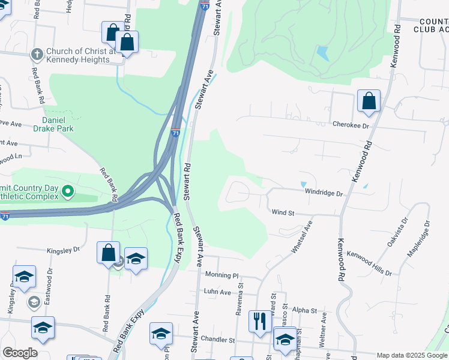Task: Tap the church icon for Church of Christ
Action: (37, 53)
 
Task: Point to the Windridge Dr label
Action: (323, 194)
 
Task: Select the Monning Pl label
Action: (221, 275)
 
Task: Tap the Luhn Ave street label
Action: (217, 292)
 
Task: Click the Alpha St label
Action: (305, 310)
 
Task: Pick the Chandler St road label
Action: (217, 340)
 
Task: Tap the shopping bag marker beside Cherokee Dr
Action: (369, 101)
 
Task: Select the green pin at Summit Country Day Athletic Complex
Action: (68, 192)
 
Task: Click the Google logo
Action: (20, 353)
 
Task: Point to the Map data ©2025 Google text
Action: (412, 355)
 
